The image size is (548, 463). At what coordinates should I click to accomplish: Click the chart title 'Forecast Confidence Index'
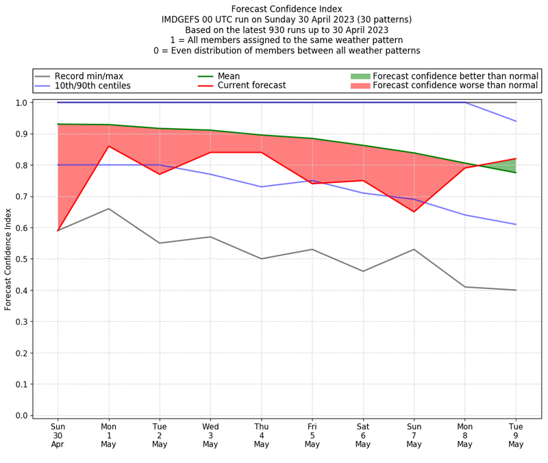[x=286, y=9]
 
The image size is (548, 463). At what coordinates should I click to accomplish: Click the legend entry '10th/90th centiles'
[x=92, y=86]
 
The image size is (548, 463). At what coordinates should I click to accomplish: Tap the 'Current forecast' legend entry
[x=251, y=86]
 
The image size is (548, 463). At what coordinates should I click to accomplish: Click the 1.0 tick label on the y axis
[x=23, y=103]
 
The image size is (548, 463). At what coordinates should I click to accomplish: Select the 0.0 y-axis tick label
[x=23, y=416]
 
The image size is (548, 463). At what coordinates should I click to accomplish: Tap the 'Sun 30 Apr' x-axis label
[x=58, y=435]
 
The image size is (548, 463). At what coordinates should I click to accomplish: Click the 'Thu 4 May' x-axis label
[x=261, y=435]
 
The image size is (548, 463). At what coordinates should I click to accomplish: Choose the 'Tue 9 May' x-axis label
[x=516, y=435]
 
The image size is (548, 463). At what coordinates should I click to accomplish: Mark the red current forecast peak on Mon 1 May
[x=108, y=146]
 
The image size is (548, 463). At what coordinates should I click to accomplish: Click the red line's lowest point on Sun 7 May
[x=414, y=212]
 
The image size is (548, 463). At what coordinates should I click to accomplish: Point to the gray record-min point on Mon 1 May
[x=108, y=209]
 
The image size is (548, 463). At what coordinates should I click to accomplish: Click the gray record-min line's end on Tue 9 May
[x=516, y=290]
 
